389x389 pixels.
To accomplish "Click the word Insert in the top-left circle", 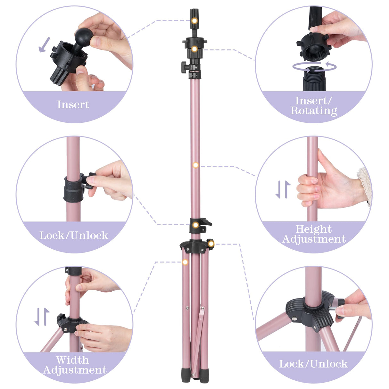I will pyautogui.click(x=73, y=104).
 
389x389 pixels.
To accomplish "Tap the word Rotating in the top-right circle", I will pyautogui.click(x=314, y=111).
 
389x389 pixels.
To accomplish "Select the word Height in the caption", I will pyautogui.click(x=313, y=229).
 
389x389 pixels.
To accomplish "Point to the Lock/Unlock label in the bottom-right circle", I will pyautogui.click(x=313, y=364).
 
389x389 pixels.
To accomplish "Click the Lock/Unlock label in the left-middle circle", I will pyautogui.click(x=74, y=236).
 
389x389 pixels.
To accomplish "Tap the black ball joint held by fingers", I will pyautogui.click(x=84, y=36).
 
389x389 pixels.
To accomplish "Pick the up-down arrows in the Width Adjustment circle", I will pyautogui.click(x=42, y=317).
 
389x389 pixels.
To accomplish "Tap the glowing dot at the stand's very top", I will pyautogui.click(x=194, y=21).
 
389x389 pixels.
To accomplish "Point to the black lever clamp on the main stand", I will pyautogui.click(x=200, y=223).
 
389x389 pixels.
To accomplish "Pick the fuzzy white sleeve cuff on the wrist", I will pyautogui.click(x=365, y=186).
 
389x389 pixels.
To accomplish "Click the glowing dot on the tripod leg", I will pyautogui.click(x=185, y=262).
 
